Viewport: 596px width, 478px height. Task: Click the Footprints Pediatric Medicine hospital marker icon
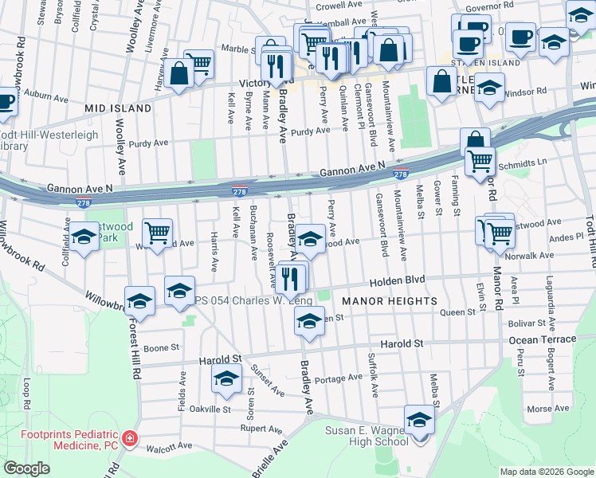point(130,439)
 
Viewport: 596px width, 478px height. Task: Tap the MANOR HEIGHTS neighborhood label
point(390,301)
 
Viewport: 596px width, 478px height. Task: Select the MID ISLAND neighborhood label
point(119,108)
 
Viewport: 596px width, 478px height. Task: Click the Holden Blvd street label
point(397,281)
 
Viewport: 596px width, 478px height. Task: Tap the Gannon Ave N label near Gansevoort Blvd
point(352,170)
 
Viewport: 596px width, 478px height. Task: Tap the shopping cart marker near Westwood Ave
point(158,231)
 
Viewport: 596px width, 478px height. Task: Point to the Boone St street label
point(161,347)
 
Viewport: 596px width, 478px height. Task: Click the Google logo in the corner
point(27,468)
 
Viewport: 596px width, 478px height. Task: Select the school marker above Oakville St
point(226,379)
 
